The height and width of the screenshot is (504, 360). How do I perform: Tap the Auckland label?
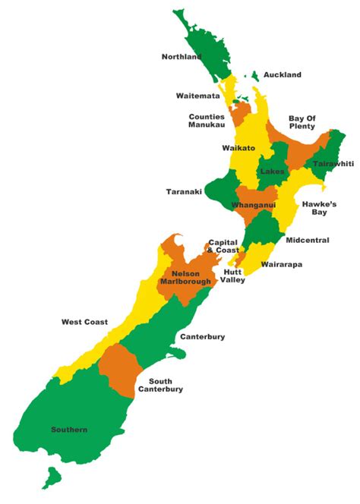point(282,74)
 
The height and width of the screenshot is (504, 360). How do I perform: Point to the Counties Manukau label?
point(207,121)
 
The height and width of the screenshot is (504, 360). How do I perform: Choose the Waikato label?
point(238,148)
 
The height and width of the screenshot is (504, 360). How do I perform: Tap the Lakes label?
point(272,172)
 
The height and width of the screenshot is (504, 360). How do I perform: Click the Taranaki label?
point(184,192)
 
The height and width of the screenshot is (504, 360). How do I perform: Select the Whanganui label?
point(254,205)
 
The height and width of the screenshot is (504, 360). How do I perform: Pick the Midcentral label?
point(308,240)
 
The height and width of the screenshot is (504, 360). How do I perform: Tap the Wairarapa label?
point(283,265)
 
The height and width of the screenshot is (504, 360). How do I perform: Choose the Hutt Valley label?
point(233,276)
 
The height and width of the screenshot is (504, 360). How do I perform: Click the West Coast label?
point(84,322)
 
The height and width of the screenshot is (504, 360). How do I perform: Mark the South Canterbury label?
point(160,385)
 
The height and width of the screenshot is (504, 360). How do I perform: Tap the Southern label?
point(69,430)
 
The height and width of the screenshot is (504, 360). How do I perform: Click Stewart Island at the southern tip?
point(52,477)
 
